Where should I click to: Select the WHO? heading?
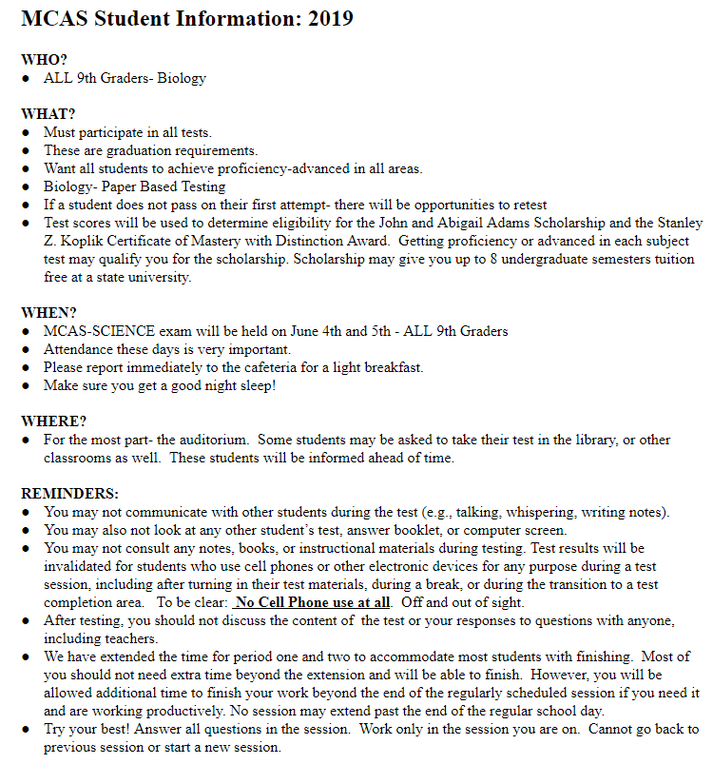pos(44,59)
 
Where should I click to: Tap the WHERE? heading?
pos(53,421)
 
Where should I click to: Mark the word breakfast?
pos(390,367)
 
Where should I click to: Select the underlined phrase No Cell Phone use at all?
pos(313,602)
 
